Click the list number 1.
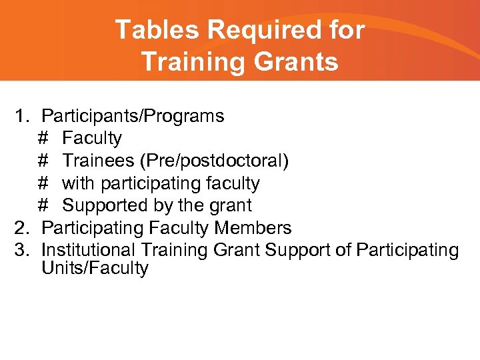pos(23,117)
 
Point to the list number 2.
pos(23,228)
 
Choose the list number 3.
pos(23,251)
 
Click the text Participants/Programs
pos(133,117)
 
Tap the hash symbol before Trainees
pos(43,161)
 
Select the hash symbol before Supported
pos(43,205)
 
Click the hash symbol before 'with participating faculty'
pos(43,183)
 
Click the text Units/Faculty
pos(95,269)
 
